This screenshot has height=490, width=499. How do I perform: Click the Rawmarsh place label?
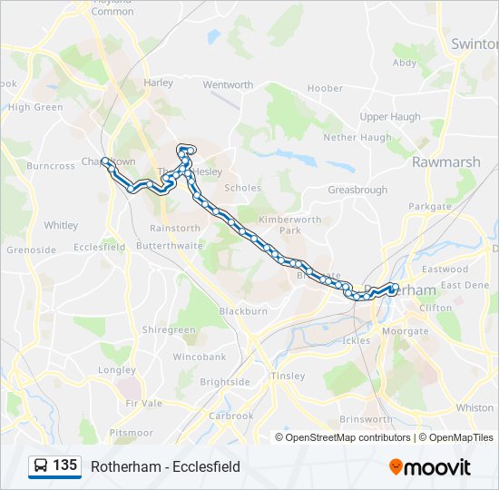(x=445, y=162)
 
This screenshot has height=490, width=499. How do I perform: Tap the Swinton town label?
(x=475, y=44)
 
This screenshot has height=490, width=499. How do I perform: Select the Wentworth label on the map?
(x=228, y=85)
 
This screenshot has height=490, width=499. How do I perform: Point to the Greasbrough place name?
(x=357, y=191)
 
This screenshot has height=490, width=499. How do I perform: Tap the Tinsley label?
(x=288, y=376)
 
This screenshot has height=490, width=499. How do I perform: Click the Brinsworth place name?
(x=366, y=419)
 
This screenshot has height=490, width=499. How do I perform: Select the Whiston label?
(x=475, y=408)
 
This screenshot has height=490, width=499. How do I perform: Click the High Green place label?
(x=35, y=107)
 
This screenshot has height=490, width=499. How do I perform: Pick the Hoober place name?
(x=325, y=89)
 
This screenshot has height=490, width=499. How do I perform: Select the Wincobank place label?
(x=200, y=357)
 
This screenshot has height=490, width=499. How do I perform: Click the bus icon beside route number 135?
(x=41, y=466)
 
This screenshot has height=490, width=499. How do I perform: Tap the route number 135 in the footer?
(x=64, y=465)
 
